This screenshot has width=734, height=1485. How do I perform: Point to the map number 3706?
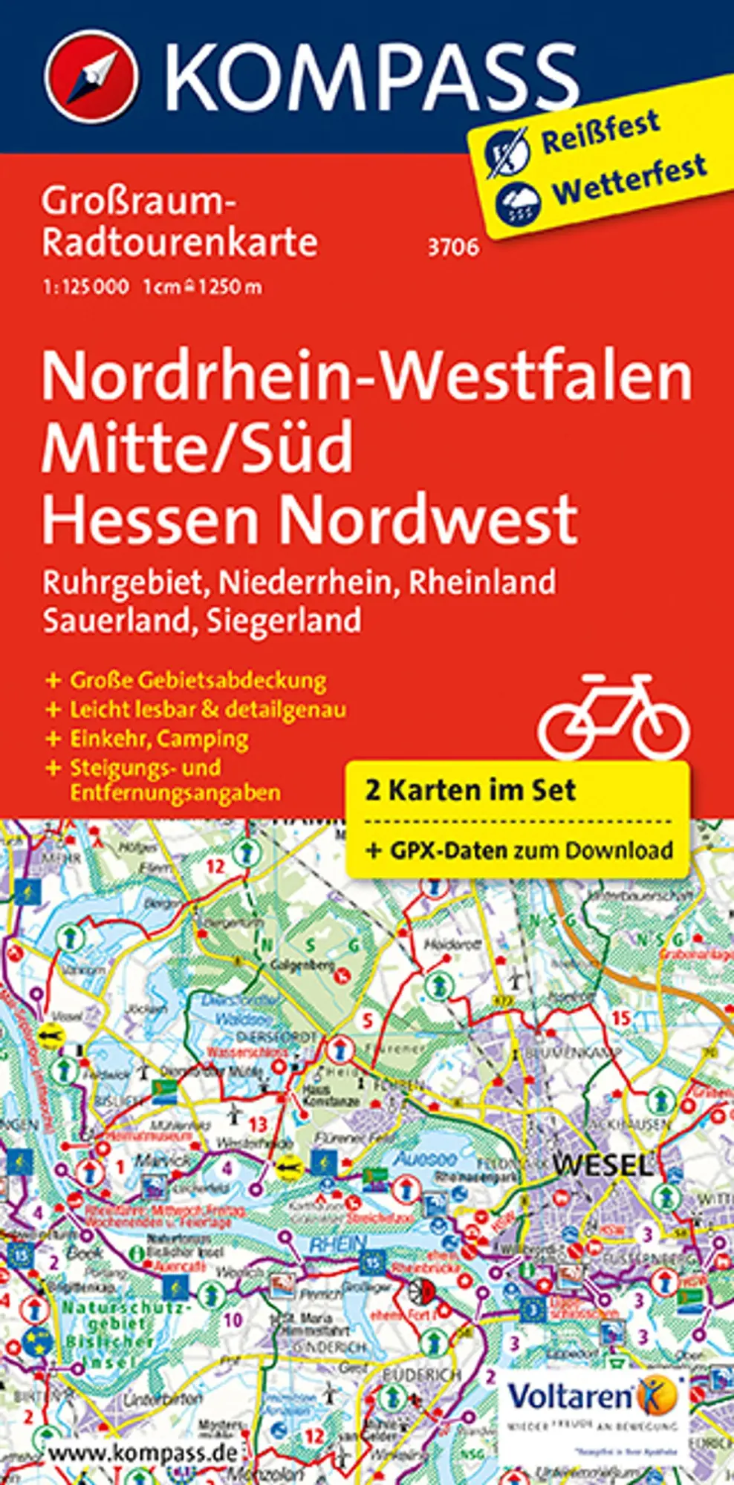[x=452, y=247]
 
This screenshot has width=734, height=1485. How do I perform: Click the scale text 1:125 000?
[x=86, y=287]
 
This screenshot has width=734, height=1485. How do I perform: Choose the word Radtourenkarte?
[x=180, y=242]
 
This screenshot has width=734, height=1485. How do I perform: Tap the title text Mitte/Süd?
[x=197, y=448]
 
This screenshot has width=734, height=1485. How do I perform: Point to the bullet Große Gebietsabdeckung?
[x=198, y=680]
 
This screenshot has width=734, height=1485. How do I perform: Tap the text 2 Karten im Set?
[x=470, y=789]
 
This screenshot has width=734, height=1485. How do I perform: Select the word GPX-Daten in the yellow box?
[x=449, y=849]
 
